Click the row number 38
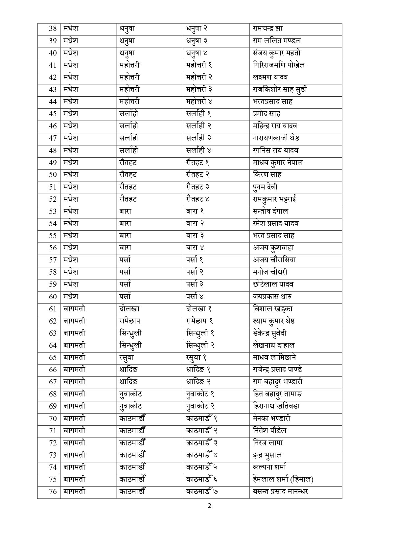[x=53, y=29]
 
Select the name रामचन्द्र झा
[x=268, y=29]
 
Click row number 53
[x=53, y=211]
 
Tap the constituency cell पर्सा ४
[x=195, y=297]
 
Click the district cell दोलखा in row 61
[x=129, y=309]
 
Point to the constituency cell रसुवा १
[x=196, y=357]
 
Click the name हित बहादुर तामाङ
[x=278, y=394]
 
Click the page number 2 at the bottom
[x=210, y=506]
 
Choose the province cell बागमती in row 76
[x=74, y=491]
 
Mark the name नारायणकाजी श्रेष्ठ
[x=276, y=138]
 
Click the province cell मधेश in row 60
[x=71, y=297]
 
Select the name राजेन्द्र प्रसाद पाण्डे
[x=278, y=370]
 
